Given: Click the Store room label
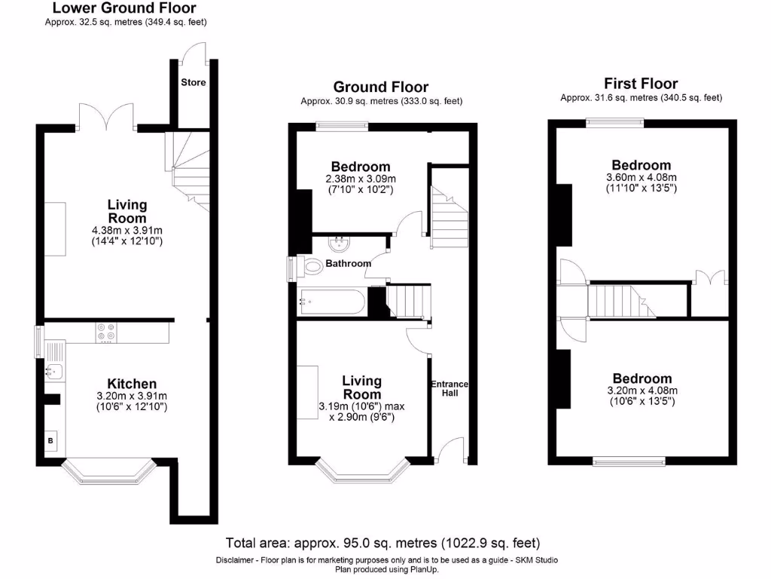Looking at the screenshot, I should (193, 82).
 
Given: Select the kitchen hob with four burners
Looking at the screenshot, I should (105, 332).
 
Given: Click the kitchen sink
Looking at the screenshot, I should (54, 369).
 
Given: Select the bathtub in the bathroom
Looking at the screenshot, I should (331, 302).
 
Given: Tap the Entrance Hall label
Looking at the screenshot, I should (449, 389).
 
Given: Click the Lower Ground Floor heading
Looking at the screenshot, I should (124, 8).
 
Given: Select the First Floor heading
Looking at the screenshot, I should (641, 84).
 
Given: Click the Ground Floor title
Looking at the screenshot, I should (381, 87).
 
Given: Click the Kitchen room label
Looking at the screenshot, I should (132, 384).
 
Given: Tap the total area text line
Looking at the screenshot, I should (383, 543).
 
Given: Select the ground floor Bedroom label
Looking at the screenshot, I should (361, 167).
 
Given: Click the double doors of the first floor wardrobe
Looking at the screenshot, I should (709, 277).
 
